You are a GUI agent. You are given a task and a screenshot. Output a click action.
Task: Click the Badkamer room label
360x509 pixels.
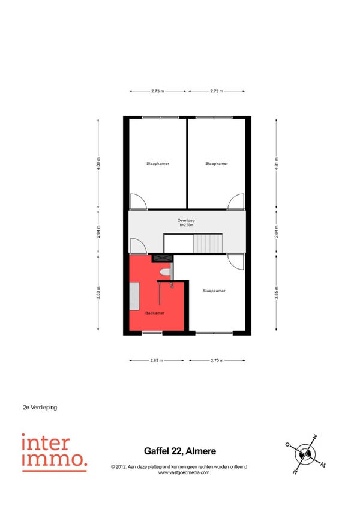(155, 313)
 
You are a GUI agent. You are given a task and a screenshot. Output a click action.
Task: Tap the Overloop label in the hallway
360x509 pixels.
(186, 221)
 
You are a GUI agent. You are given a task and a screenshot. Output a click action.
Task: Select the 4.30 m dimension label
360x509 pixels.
(98, 164)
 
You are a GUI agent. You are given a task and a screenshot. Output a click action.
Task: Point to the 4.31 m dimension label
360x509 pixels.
(276, 164)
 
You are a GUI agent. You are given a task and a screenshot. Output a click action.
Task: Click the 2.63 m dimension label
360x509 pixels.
(157, 360)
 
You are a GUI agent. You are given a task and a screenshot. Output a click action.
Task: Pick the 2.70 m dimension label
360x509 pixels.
(217, 360)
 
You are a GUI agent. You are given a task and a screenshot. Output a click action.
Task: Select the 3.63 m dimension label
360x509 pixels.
(98, 292)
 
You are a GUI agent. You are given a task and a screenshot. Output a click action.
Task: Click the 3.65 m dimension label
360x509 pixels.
(276, 292)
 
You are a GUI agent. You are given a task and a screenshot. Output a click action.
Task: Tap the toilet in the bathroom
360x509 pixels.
(166, 272)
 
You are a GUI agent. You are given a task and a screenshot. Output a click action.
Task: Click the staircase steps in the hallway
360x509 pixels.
(208, 244)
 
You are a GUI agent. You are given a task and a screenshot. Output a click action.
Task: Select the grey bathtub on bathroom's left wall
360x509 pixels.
(134, 297)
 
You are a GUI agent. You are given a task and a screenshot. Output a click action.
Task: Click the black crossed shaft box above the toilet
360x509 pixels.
(162, 258)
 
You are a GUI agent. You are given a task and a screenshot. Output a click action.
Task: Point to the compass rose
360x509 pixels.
(305, 454)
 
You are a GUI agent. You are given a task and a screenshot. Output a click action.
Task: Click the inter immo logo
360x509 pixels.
(55, 452)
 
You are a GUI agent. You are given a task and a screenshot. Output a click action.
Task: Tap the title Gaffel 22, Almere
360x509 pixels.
(180, 451)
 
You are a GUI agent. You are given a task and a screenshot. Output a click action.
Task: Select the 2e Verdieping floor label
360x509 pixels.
(40, 408)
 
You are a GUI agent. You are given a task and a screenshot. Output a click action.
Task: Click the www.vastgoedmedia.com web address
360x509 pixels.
(184, 472)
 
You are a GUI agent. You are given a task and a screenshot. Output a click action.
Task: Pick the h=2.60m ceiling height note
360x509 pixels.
(187, 225)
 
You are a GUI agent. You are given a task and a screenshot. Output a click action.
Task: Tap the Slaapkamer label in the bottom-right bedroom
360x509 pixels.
(214, 291)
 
